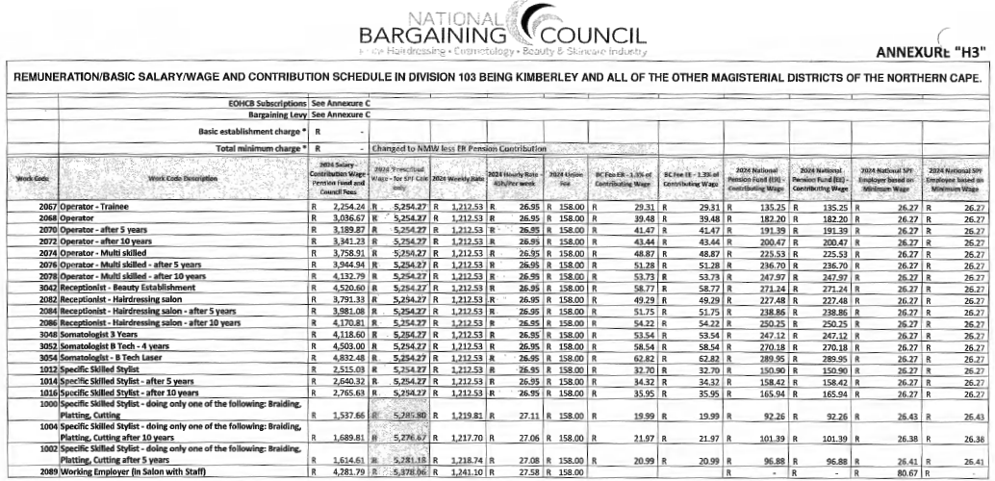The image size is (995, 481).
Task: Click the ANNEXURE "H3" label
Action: point(931,52)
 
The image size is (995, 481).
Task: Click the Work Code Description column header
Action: point(181,177)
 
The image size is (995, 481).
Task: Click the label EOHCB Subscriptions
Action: point(260,101)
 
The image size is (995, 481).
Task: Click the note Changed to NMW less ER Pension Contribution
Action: point(456,148)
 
